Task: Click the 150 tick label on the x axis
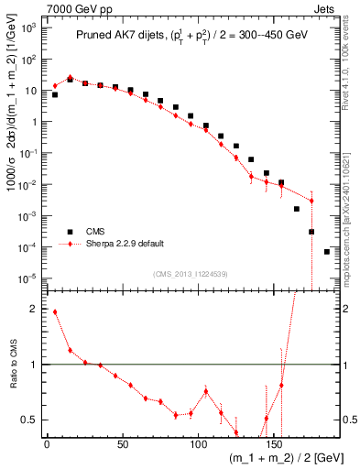[198, 443]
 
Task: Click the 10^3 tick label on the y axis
[27, 28]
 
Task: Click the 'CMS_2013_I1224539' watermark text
[191, 273]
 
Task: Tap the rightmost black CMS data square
[327, 251]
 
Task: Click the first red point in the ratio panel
[55, 311]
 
